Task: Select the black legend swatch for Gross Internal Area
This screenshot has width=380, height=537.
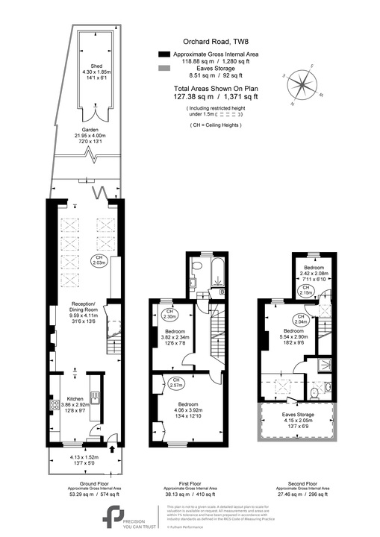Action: tap(164, 55)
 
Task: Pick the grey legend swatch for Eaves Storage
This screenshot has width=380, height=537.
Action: tap(164, 68)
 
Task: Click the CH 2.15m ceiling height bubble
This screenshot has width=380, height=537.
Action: tap(305, 293)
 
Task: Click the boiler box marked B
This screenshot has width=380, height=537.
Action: tap(223, 292)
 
